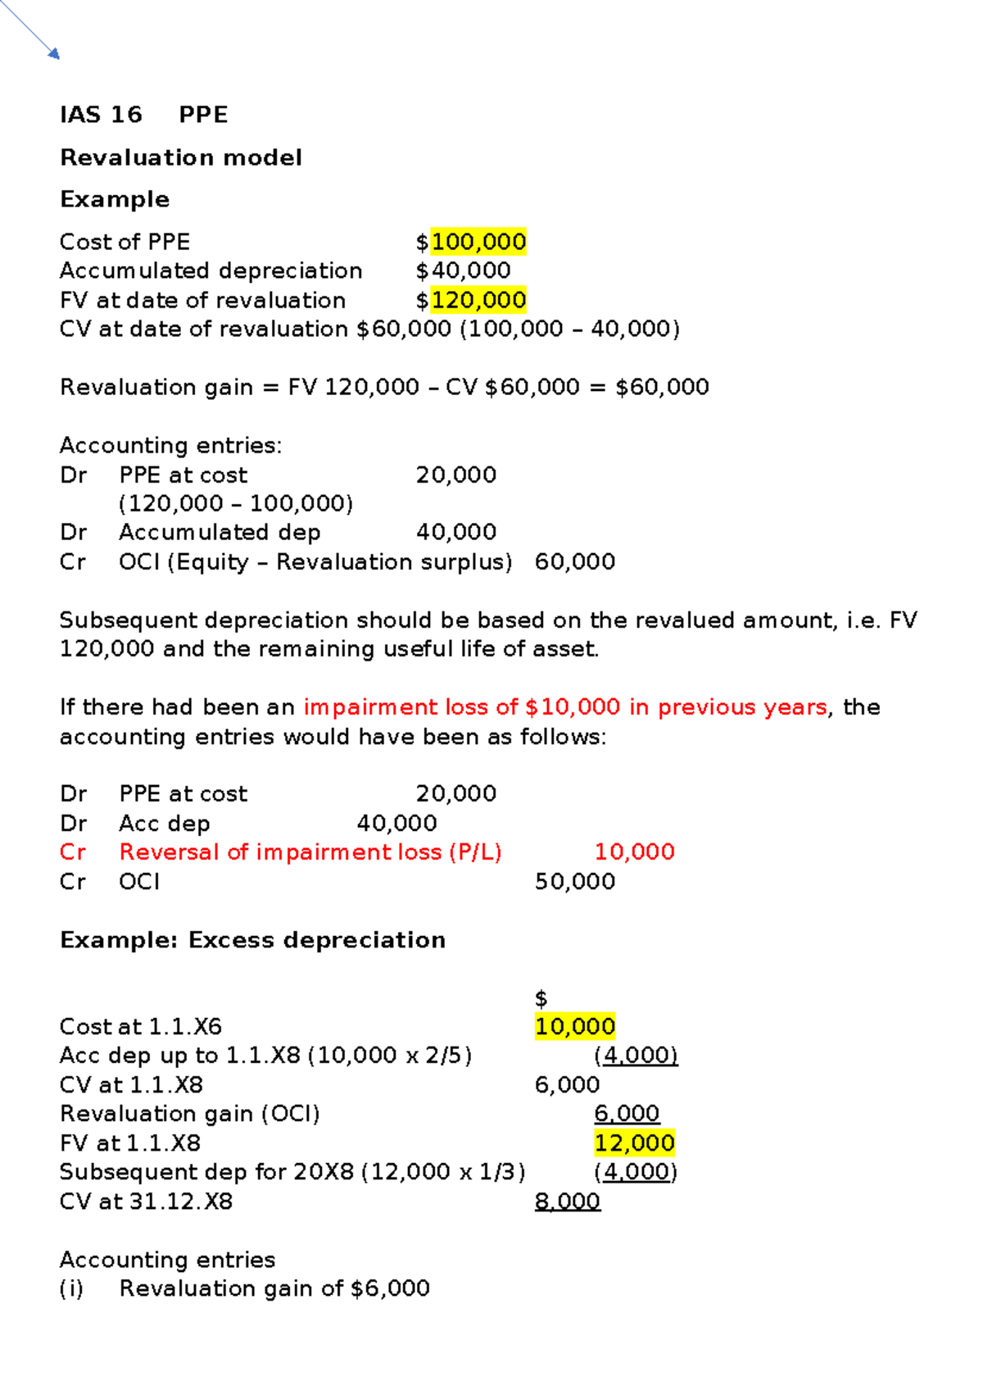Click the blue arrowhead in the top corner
pos(54,54)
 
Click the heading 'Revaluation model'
pos(181,157)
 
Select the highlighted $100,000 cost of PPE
pos(478,242)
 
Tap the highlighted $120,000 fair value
pos(478,300)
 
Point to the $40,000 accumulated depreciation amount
pos(463,270)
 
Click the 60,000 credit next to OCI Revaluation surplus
pos(574,562)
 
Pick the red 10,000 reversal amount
pos(634,852)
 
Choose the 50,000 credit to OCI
pos(574,882)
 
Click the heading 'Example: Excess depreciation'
pos(252,940)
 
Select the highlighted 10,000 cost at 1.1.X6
pos(574,1027)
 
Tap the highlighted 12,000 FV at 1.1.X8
pos(634,1143)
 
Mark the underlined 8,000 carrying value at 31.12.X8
pos(567,1201)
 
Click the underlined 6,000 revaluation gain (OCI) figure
pos(627,1114)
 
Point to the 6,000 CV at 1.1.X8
pos(567,1085)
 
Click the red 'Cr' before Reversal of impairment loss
pos(73,852)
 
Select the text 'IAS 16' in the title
pos(101,115)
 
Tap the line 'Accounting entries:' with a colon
pos(170,446)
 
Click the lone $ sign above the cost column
pos(541,998)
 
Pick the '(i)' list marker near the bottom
pos(71,1289)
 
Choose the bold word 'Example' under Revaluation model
pos(115,199)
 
